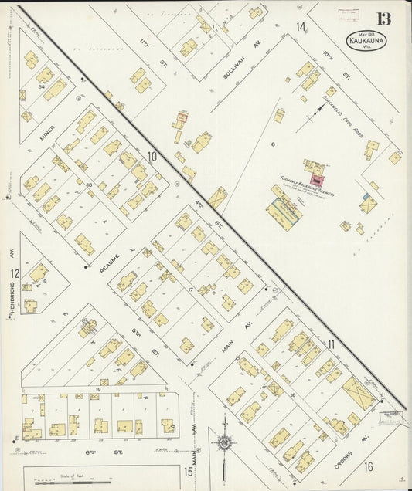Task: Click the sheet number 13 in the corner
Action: pyautogui.click(x=384, y=19)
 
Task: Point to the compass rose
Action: pyautogui.click(x=224, y=444)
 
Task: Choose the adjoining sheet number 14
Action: pyautogui.click(x=300, y=27)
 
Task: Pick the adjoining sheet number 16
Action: pyautogui.click(x=369, y=466)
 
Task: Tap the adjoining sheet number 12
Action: pyautogui.click(x=15, y=273)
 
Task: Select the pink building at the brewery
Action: pyautogui.click(x=317, y=179)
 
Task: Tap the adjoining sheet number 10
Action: pyautogui.click(x=152, y=157)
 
